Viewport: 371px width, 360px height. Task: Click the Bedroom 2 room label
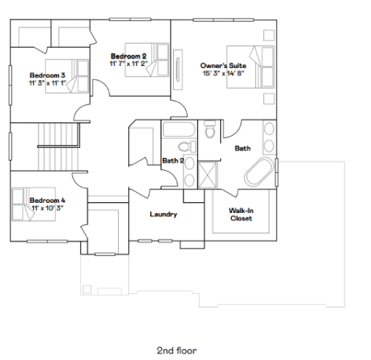pyautogui.click(x=129, y=56)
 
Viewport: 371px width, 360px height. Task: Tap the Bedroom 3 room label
pyautogui.click(x=48, y=75)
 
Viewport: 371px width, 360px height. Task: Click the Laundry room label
pyautogui.click(x=163, y=214)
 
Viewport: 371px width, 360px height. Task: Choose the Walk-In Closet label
pyautogui.click(x=241, y=214)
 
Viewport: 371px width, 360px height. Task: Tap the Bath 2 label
pyautogui.click(x=172, y=161)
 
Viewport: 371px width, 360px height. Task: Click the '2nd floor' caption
pyautogui.click(x=176, y=350)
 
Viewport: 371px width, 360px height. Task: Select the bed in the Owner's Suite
pyautogui.click(x=245, y=67)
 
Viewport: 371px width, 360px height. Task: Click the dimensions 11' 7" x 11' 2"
pyautogui.click(x=129, y=64)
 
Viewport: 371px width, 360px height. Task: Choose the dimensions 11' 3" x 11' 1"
pyautogui.click(x=48, y=83)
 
